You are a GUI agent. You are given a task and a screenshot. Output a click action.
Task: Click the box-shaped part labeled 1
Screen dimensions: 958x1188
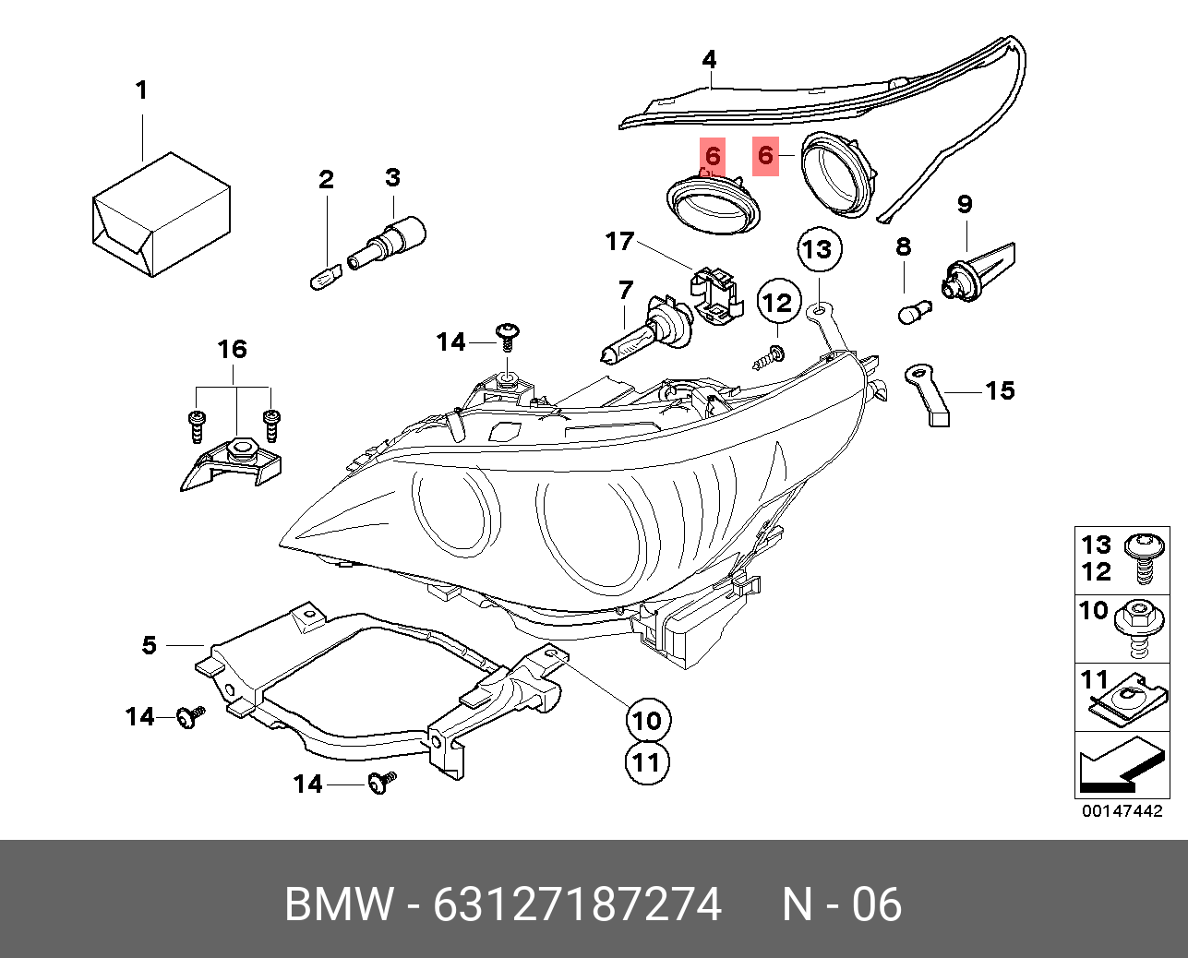click(161, 215)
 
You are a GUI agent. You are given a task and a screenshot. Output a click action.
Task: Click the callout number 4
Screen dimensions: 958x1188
click(709, 60)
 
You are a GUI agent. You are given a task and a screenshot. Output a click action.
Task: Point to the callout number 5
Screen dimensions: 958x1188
click(150, 645)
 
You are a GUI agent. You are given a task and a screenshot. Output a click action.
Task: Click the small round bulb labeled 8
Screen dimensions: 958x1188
click(914, 313)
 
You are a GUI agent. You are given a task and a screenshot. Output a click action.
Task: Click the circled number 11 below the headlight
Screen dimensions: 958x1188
click(648, 762)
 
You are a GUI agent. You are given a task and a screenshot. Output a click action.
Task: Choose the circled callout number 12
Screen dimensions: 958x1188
click(777, 303)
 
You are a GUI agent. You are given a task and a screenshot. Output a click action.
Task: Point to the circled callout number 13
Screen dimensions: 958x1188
click(817, 249)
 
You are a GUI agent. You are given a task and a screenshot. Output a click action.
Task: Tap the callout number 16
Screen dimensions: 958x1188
click(233, 349)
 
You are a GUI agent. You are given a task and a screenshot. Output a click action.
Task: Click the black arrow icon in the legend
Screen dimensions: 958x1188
click(1116, 766)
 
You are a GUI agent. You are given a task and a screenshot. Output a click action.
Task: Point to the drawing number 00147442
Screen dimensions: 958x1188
click(1122, 811)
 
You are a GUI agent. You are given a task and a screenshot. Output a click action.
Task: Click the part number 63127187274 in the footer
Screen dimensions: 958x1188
click(577, 904)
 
